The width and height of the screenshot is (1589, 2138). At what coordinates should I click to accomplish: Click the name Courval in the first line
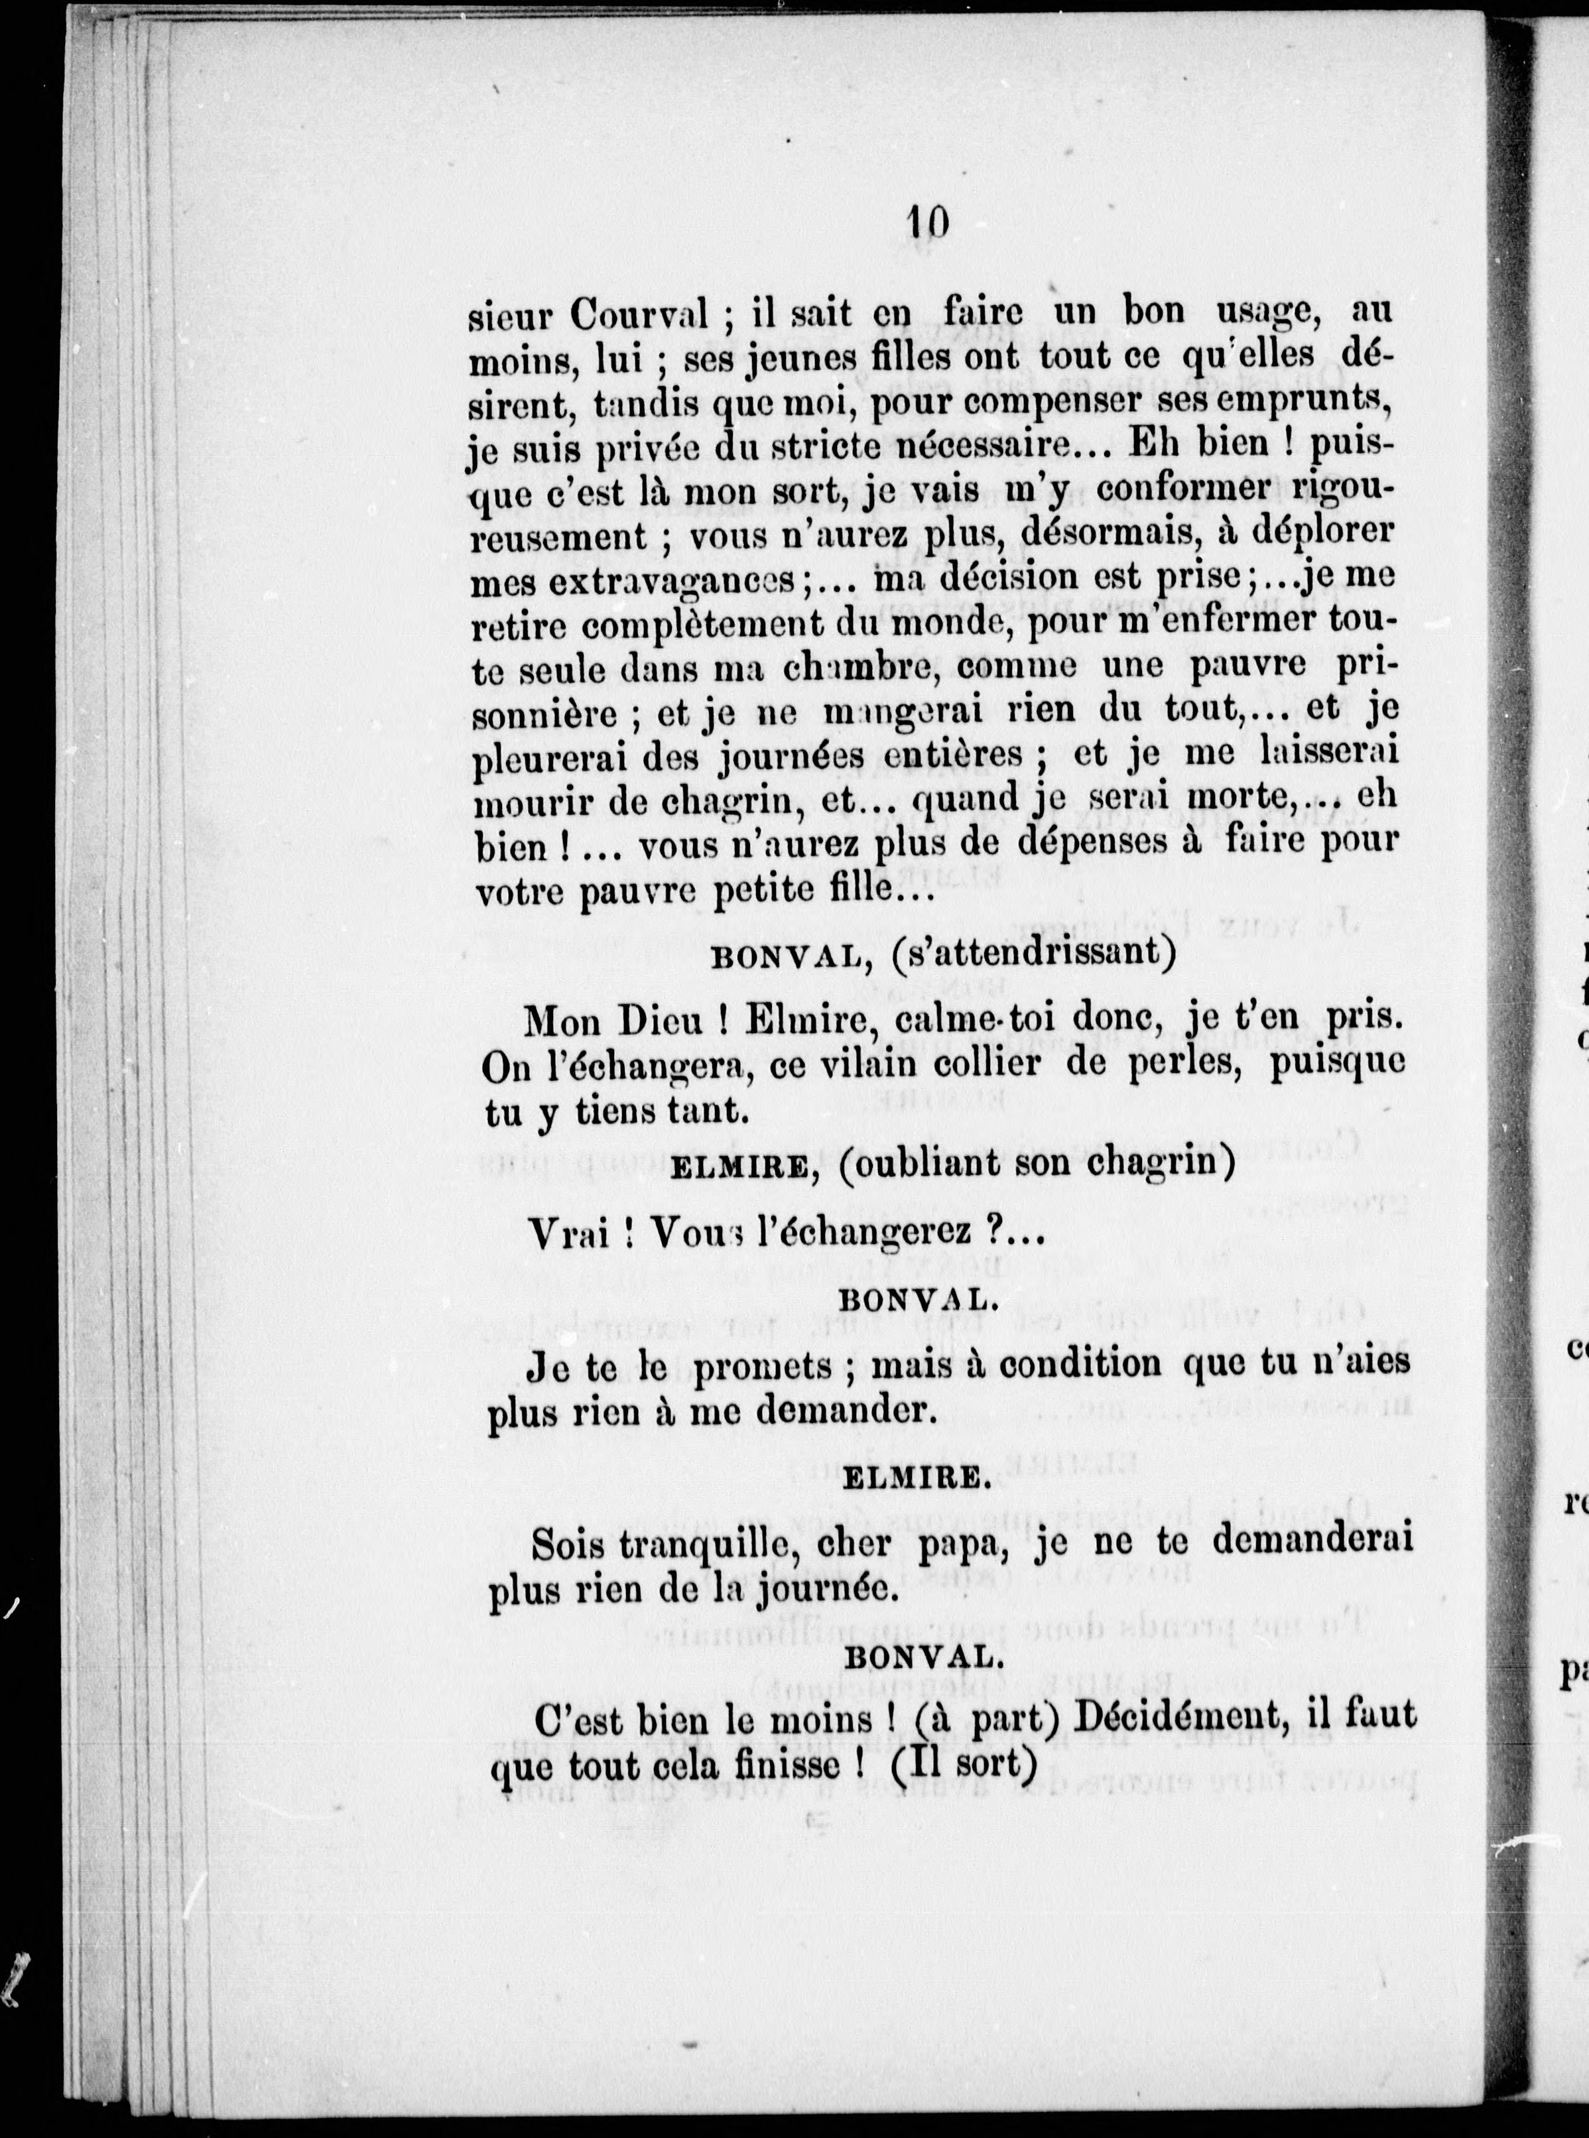coord(639,314)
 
